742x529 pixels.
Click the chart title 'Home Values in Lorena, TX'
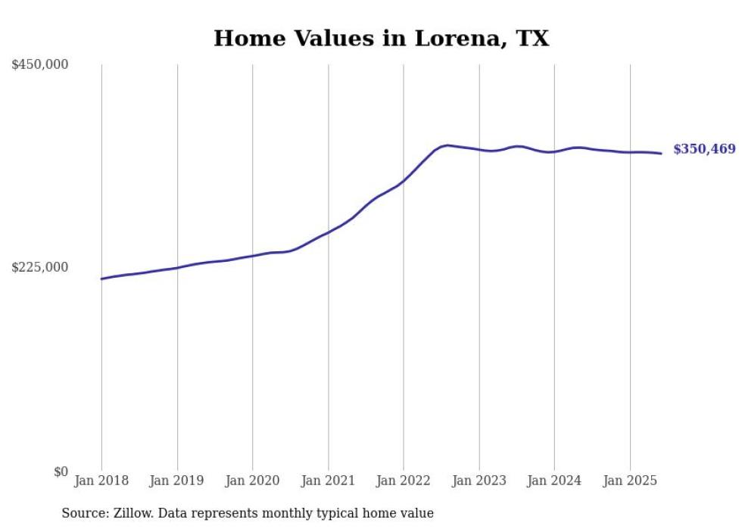pyautogui.click(x=381, y=39)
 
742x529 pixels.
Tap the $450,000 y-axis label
pyautogui.click(x=39, y=65)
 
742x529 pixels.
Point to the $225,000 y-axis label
pyautogui.click(x=39, y=267)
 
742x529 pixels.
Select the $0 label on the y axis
pyautogui.click(x=61, y=471)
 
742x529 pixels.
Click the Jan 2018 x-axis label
pyautogui.click(x=101, y=481)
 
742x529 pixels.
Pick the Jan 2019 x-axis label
pyautogui.click(x=177, y=481)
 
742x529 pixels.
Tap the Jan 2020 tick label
pyautogui.click(x=252, y=481)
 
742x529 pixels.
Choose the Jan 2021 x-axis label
pyautogui.click(x=328, y=481)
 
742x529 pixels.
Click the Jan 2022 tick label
pyautogui.click(x=404, y=481)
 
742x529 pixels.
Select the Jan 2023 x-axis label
pyautogui.click(x=479, y=481)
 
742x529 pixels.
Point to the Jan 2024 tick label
pyautogui.click(x=554, y=481)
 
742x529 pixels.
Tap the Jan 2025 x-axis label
pyautogui.click(x=629, y=481)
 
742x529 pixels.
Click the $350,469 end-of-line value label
pyautogui.click(x=704, y=149)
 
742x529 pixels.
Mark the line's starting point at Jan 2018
pyautogui.click(x=101, y=279)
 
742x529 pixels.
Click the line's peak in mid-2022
pyautogui.click(x=447, y=145)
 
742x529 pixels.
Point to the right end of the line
pyautogui.click(x=661, y=154)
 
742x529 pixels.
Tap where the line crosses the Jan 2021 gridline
pyautogui.click(x=328, y=232)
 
